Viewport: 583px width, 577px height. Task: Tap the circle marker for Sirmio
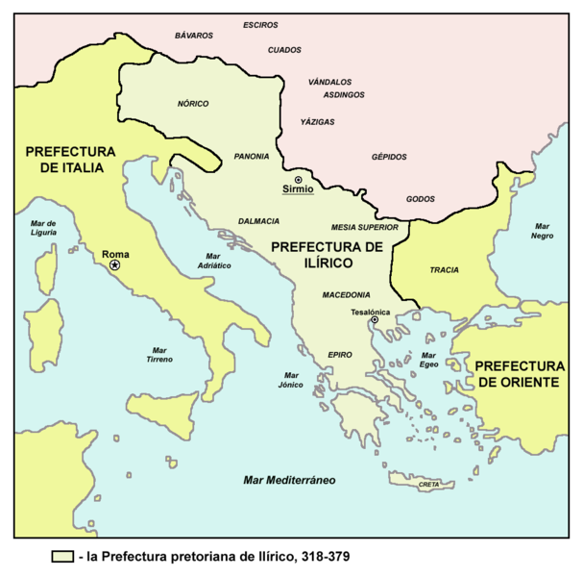(298, 180)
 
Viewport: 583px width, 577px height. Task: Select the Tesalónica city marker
(376, 320)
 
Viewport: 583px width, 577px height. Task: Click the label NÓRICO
(193, 104)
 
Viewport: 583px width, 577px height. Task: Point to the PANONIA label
(252, 156)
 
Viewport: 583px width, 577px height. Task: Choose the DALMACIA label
(258, 219)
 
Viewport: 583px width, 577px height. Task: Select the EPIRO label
(341, 354)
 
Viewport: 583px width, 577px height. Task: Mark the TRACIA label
(444, 270)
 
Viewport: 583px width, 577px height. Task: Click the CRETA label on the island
(429, 485)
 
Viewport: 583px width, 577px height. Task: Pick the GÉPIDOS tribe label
(389, 157)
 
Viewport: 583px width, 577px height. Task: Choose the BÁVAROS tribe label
(193, 36)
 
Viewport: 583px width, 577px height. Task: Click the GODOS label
(421, 198)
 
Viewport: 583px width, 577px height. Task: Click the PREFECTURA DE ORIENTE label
(519, 374)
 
